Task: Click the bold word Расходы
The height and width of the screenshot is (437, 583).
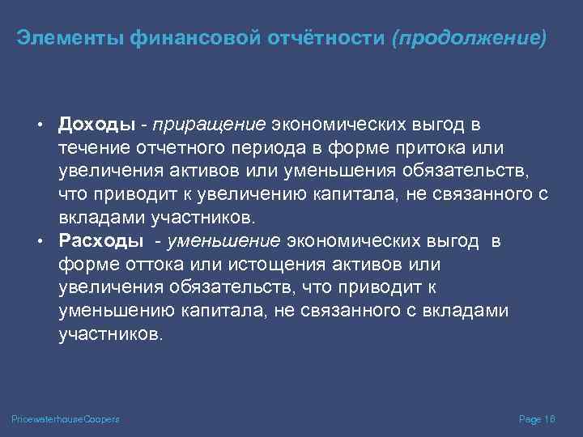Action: tap(100, 241)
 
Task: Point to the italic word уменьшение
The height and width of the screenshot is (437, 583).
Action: tap(223, 241)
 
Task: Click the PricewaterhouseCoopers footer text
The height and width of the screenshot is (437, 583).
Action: tap(66, 419)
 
